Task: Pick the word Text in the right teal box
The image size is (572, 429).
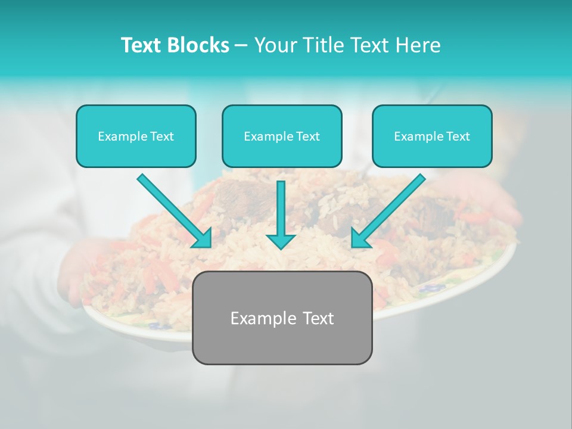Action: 458,136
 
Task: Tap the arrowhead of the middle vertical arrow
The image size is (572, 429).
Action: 281,241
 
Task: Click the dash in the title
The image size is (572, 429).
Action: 241,45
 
